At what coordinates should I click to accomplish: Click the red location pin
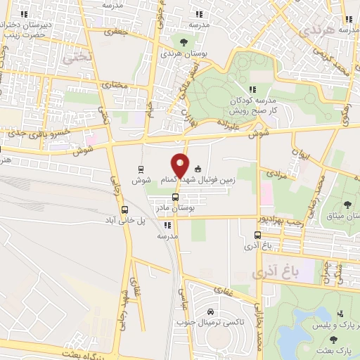[180, 165]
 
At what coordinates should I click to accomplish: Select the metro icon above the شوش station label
[141, 169]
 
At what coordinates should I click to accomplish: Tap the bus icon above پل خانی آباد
[125, 210]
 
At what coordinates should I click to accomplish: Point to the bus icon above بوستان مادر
[175, 197]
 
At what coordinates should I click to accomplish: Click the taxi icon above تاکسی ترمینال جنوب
[210, 311]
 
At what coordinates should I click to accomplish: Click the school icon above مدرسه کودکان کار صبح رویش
[253, 89]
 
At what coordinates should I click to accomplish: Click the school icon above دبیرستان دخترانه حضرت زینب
[25, 14]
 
